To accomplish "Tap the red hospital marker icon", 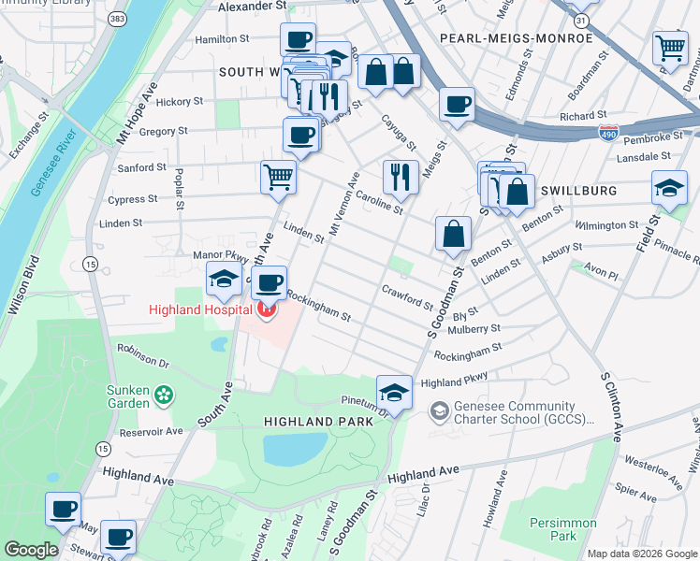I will pyautogui.click(x=268, y=309).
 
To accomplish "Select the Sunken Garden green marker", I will pyautogui.click(x=165, y=396).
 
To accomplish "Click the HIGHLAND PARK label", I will pyautogui.click(x=318, y=422).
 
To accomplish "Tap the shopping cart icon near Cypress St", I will pyautogui.click(x=278, y=176).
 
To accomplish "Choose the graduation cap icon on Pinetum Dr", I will pyautogui.click(x=394, y=392).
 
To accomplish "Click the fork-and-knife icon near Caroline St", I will pyautogui.click(x=401, y=175).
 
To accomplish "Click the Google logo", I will pyautogui.click(x=31, y=550).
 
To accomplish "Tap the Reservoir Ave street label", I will pyautogui.click(x=150, y=432).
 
